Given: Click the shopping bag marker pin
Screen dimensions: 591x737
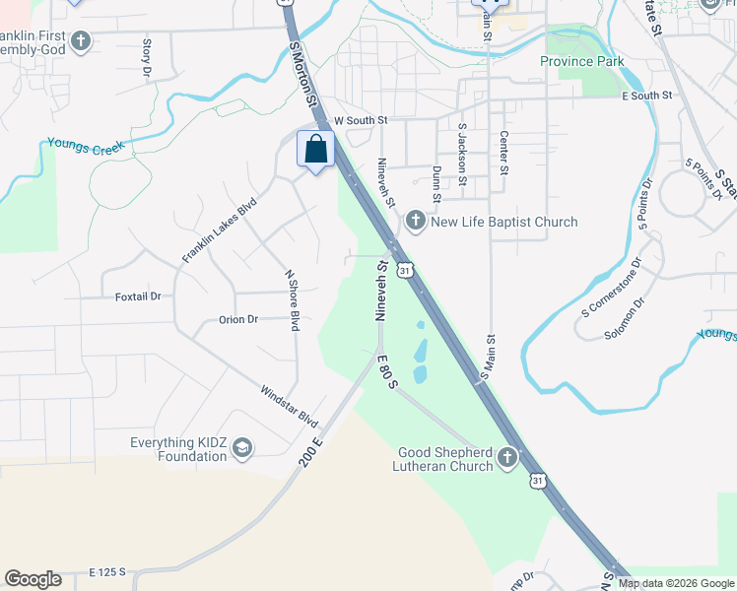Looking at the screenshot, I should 315,150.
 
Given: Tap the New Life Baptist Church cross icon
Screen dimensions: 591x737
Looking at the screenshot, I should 415,222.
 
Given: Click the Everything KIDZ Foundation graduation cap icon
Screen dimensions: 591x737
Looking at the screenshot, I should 241,450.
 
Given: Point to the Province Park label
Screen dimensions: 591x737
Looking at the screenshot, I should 581,61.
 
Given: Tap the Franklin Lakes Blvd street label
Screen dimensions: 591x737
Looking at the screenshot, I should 219,230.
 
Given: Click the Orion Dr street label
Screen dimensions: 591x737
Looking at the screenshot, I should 237,319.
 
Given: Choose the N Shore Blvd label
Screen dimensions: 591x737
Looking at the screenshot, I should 292,300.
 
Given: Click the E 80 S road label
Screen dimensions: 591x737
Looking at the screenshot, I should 385,371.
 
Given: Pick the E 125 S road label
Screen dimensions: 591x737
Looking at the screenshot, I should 108,571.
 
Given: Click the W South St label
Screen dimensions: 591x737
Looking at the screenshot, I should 362,120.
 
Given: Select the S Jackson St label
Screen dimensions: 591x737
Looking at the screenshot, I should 461,155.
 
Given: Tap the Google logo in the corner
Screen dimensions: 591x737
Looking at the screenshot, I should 33,579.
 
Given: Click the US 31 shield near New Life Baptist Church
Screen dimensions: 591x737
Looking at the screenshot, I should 404,268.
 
